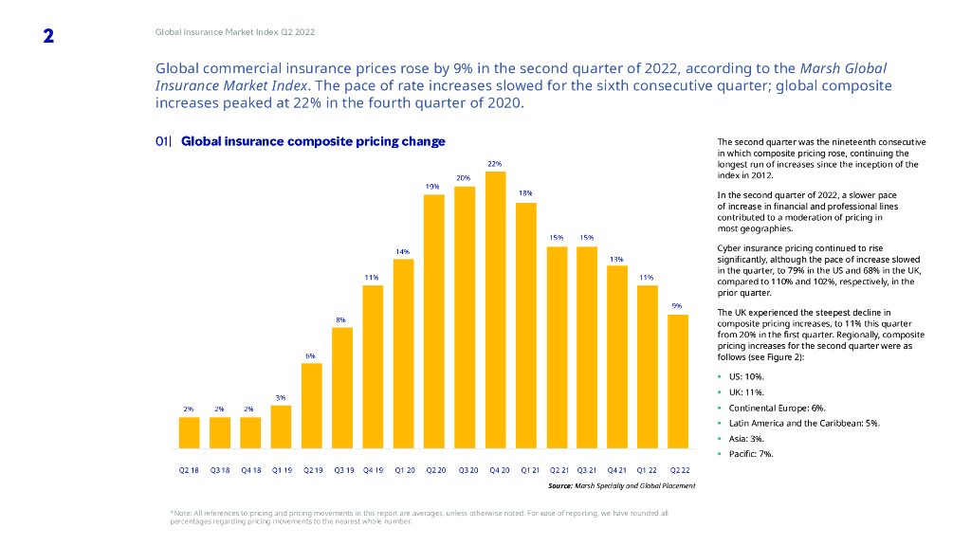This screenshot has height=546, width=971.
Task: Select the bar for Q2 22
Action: tap(678, 380)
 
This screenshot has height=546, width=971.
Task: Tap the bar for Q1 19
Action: tap(281, 426)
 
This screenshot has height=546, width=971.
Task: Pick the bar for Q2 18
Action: tap(190, 431)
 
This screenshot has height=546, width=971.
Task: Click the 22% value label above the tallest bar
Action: tap(495, 164)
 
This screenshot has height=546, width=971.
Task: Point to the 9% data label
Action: tap(677, 305)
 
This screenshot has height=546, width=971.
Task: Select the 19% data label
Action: tap(432, 187)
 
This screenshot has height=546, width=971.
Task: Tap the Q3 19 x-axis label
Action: tap(342, 470)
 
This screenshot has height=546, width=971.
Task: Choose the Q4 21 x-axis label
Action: tap(616, 470)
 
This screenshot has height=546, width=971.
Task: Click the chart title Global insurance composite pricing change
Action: tap(313, 141)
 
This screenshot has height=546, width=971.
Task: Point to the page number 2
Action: tap(48, 36)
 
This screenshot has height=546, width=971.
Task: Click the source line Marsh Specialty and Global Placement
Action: tap(621, 485)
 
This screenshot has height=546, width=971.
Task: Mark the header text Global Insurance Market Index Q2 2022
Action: tap(235, 31)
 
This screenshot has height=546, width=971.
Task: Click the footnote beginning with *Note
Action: tap(418, 517)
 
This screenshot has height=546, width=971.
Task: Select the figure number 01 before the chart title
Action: tap(164, 141)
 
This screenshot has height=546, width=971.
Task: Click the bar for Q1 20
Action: tap(403, 353)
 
